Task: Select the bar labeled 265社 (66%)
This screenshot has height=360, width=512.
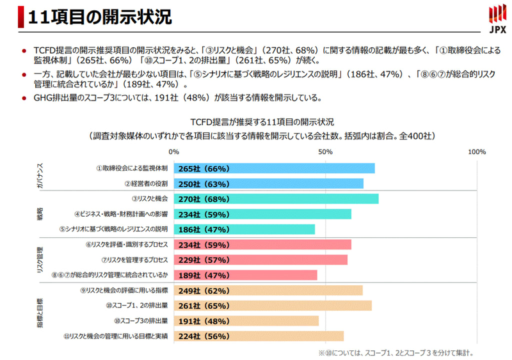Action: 274,169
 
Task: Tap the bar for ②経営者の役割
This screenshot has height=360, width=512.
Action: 268,184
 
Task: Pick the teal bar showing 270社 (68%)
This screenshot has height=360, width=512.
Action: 276,199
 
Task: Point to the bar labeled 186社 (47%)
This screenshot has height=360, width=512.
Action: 244,229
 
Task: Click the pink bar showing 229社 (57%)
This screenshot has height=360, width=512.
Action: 260,260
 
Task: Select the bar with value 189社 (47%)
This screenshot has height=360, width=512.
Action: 245,275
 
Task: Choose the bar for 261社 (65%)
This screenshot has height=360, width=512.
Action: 272,306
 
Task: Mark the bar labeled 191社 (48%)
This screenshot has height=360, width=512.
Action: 246,321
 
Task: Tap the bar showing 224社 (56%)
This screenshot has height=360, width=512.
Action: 259,336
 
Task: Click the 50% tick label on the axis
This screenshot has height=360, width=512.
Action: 325,152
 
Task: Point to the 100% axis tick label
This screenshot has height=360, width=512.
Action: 476,152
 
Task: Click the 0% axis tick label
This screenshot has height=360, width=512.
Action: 173,152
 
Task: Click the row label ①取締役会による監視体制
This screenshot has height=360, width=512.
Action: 132,169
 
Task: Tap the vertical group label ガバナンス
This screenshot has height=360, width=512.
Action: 40,175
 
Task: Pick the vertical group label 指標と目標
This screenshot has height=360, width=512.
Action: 40,313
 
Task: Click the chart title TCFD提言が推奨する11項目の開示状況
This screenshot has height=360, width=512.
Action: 262,121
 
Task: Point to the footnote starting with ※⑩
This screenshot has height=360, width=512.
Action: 396,352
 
